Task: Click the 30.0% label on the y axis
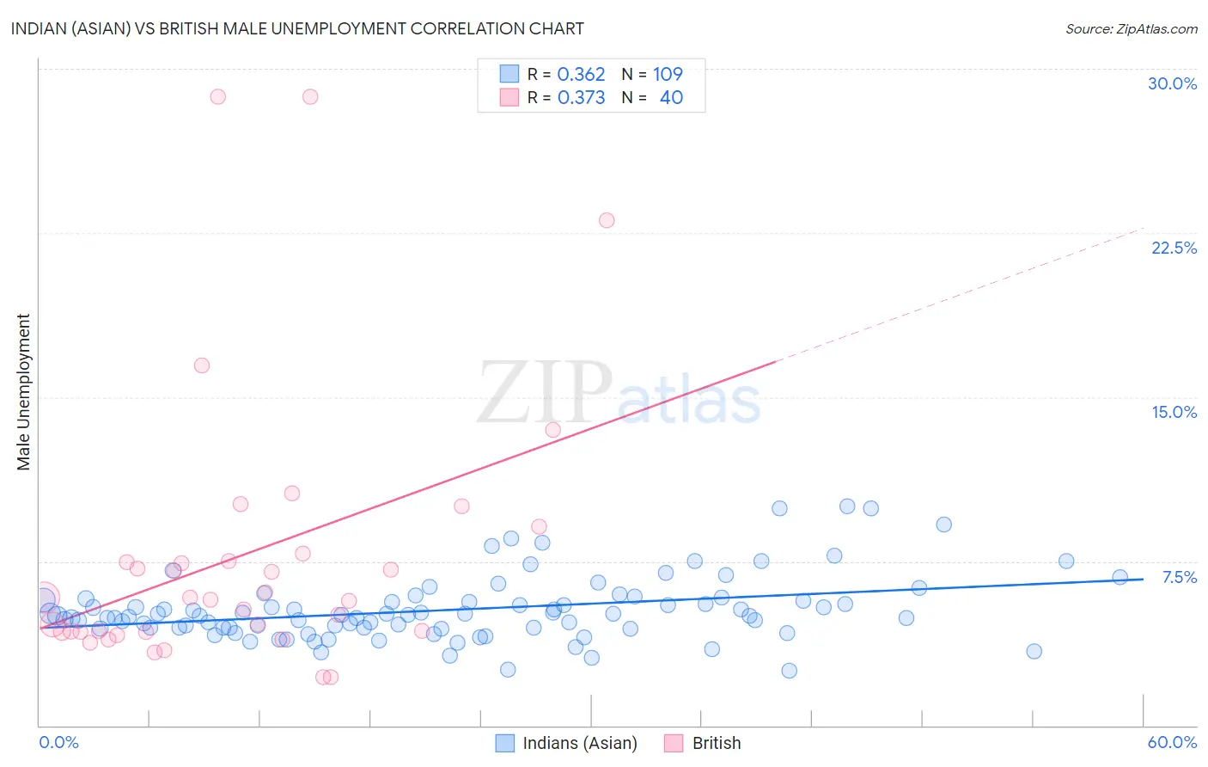pos(1172,83)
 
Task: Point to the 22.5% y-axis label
pos(1174,248)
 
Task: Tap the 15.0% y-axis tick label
pos(1174,412)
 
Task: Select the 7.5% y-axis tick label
pos(1179,577)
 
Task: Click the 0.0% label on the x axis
pos(58,742)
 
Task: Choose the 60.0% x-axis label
pos(1172,742)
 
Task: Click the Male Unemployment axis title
pos(23,392)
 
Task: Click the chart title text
pos(297,28)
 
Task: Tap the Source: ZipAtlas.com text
pos(1131,28)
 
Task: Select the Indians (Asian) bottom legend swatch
pos(505,743)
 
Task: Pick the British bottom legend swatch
pos(674,743)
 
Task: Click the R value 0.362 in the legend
pos(581,74)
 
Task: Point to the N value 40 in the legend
pos(671,97)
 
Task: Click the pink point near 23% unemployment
pos(607,220)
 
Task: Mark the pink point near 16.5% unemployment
pos(202,365)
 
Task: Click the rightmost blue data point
pos(1120,577)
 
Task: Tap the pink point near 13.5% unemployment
pos(553,430)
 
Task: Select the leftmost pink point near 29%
pos(218,96)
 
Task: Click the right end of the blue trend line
pos(1143,579)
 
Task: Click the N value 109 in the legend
pos(668,74)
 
